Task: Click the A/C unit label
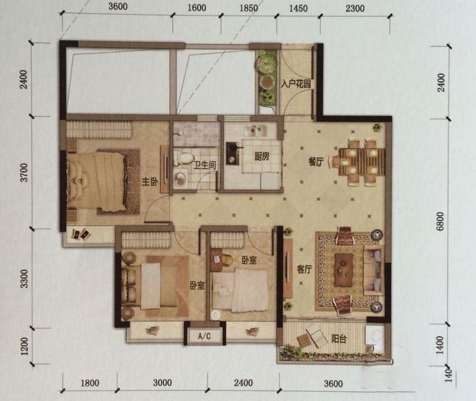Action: point(204,336)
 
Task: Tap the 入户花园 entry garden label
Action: point(295,84)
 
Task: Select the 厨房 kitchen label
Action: point(261,156)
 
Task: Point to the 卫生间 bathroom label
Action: point(205,165)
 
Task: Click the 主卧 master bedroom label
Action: point(150,182)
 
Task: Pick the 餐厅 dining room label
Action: point(316,162)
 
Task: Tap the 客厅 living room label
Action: point(304,269)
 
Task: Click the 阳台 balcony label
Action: point(338,338)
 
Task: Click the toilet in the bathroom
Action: point(184,158)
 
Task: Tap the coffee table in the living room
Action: point(344,269)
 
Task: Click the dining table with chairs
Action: point(359,162)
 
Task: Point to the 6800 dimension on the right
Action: point(441,222)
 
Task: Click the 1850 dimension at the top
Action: point(249,8)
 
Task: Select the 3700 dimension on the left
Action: point(23,172)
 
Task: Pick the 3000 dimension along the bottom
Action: point(162,382)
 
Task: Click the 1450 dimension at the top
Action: point(298,8)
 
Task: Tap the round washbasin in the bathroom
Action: point(181,179)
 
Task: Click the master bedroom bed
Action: point(96,181)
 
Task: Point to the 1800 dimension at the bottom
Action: point(90,383)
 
